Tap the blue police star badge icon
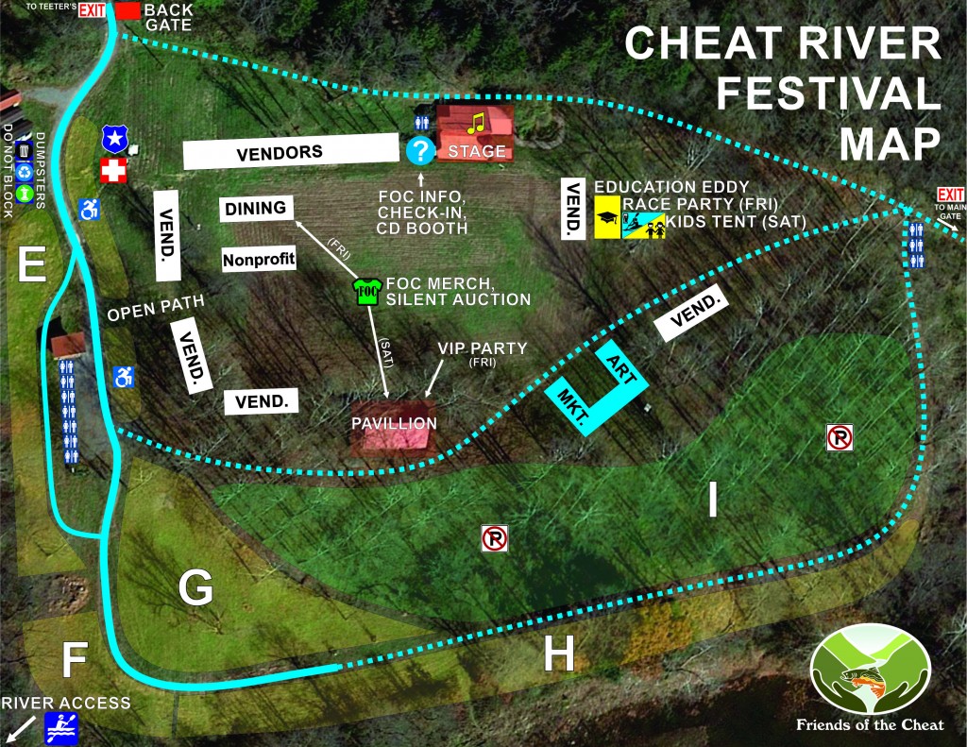pyautogui.click(x=114, y=140)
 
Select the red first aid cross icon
pyautogui.click(x=113, y=171)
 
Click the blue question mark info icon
pyautogui.click(x=419, y=150)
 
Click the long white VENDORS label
pyautogui.click(x=289, y=151)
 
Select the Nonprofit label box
pyautogui.click(x=259, y=258)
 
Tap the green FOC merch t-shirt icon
pyautogui.click(x=366, y=290)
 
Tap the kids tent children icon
pyautogui.click(x=645, y=224)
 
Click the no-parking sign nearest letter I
pyautogui.click(x=840, y=437)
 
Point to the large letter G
pyautogui.click(x=195, y=589)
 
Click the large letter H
pyautogui.click(x=559, y=654)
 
